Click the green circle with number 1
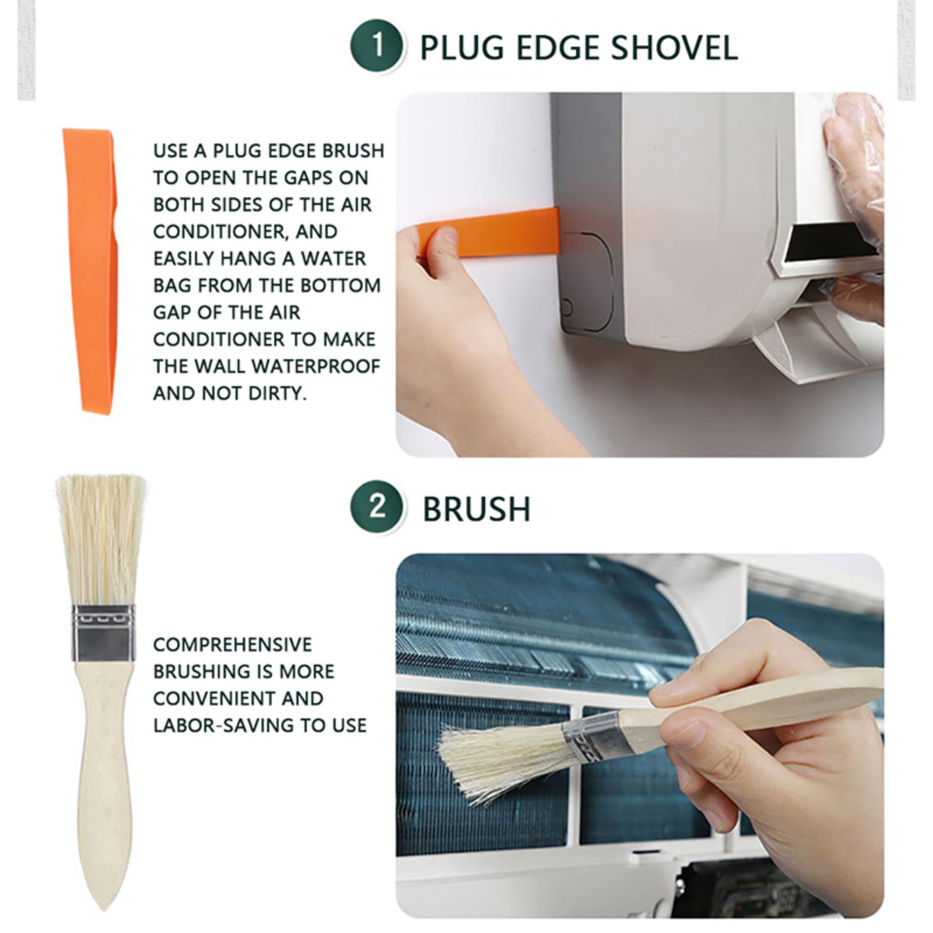[x=377, y=46]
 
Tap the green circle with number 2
[x=377, y=507]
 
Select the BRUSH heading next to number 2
[x=476, y=509]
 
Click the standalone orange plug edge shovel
[x=92, y=271]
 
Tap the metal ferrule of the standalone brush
[x=103, y=633]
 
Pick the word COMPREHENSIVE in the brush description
[x=233, y=644]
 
